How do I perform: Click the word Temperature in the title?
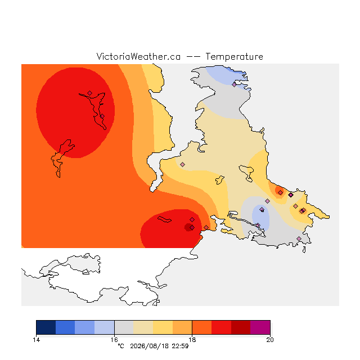(234, 56)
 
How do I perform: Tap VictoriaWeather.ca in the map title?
(138, 56)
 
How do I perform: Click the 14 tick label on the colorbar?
(36, 340)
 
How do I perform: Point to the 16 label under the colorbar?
(114, 340)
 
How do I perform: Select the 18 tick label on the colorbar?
(192, 340)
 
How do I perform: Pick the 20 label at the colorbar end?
(270, 340)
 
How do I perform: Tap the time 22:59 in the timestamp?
(180, 346)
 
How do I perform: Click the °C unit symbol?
(121, 346)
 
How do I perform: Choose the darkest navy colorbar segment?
(46, 327)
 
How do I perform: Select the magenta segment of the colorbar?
(260, 327)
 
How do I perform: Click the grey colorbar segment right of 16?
(124, 327)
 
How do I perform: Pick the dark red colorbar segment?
(241, 327)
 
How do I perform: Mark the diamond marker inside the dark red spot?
(192, 227)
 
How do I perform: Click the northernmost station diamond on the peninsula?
(234, 85)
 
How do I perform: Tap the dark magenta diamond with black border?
(291, 195)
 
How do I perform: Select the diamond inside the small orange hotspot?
(280, 192)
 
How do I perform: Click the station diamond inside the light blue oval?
(262, 209)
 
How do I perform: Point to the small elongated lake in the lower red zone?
(164, 219)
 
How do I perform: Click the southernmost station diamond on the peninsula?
(299, 238)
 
